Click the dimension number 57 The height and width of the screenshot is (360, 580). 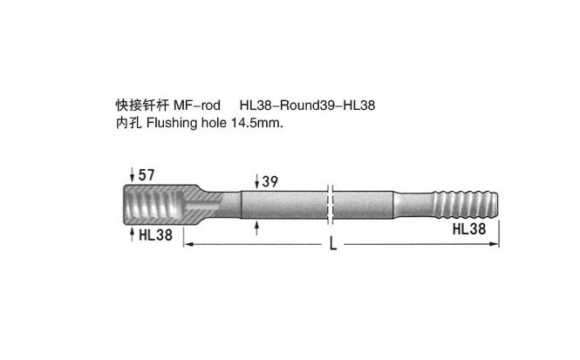(x=147, y=175)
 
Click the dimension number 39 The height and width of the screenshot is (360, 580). (x=270, y=181)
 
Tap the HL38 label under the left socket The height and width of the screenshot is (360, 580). (x=156, y=234)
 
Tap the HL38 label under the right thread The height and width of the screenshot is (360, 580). (x=469, y=228)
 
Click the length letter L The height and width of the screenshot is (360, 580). (x=333, y=243)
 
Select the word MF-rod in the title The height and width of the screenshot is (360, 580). (x=197, y=105)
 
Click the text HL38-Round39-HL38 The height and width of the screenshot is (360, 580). (x=307, y=105)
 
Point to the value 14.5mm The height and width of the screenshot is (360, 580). (x=257, y=123)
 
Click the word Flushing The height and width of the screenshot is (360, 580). (x=172, y=123)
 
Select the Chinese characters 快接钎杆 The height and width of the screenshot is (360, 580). (x=142, y=105)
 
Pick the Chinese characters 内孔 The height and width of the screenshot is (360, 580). (x=129, y=123)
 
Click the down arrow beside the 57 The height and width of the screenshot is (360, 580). (x=132, y=175)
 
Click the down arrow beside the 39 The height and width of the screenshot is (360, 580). (x=257, y=182)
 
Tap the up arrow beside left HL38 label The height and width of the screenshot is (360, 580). (x=132, y=234)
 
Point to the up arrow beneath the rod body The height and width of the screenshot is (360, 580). (x=257, y=228)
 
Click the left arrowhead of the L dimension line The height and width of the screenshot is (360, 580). (x=188, y=244)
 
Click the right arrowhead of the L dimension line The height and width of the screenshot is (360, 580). (x=494, y=244)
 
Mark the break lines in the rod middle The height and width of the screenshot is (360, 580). (x=331, y=204)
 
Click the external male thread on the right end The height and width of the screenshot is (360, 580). (x=466, y=204)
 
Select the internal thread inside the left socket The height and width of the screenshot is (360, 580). (x=153, y=204)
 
